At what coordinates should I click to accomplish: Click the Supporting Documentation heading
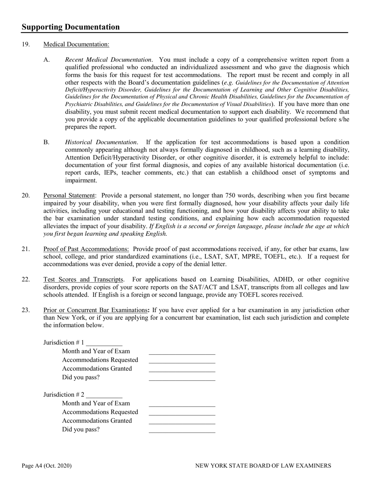point(71,27)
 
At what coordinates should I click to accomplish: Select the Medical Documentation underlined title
point(76,44)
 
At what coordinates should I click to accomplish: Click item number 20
point(26,195)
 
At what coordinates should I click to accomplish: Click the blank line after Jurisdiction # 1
point(104,343)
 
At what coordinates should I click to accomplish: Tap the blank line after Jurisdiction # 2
point(104,395)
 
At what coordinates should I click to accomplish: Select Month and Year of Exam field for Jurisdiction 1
point(182,352)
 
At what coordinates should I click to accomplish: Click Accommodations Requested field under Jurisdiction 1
point(182,360)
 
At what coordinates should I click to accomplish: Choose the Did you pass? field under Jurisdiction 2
point(182,430)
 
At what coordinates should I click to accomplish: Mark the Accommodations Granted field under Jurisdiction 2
point(182,421)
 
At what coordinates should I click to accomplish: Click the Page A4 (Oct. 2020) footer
point(47,466)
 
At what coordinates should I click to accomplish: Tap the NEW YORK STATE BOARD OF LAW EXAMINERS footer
point(263,466)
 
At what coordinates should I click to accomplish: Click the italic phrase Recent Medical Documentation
point(108,60)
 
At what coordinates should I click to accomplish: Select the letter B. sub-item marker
point(47,142)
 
